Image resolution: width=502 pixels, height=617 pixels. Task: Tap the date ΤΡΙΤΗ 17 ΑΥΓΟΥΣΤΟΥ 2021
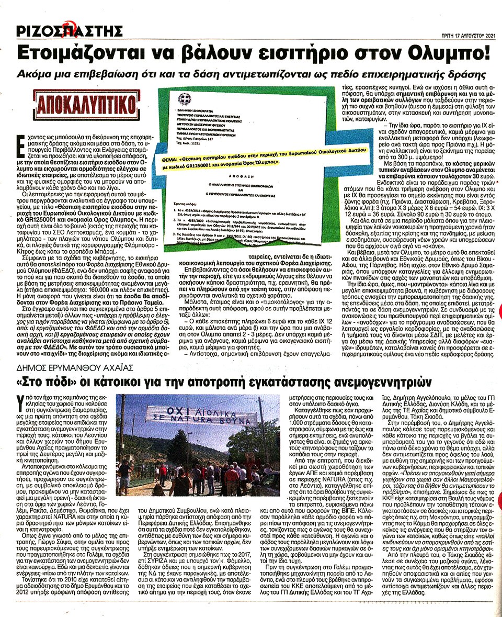467,36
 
